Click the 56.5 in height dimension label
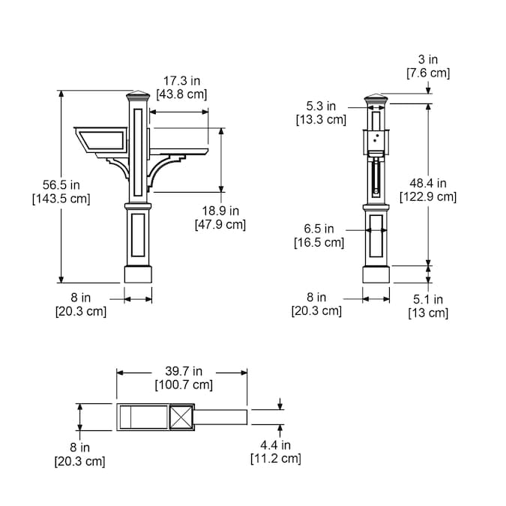tap(61, 185)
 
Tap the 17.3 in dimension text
tap(181, 81)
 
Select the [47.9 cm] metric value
tap(220, 224)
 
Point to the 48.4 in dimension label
tap(428, 184)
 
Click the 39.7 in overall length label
tap(184, 371)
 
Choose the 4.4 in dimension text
tap(276, 445)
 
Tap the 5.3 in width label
tap(321, 106)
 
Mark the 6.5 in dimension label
tap(319, 229)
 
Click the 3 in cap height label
tap(428, 59)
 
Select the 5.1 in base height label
tap(428, 299)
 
